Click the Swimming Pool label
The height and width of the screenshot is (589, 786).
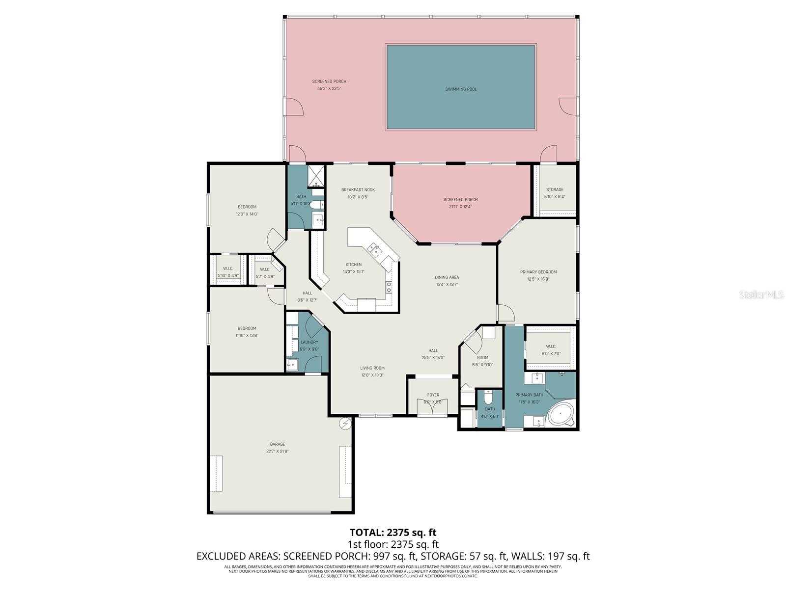[461, 89]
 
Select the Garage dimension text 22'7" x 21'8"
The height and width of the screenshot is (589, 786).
[278, 451]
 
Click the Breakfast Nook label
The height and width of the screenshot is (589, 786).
[358, 190]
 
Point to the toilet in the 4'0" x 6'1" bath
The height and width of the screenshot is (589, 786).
[488, 396]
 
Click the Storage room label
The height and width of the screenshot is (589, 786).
[555, 189]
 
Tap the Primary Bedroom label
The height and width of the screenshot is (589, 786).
[538, 272]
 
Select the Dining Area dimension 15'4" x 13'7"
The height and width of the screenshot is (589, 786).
[447, 284]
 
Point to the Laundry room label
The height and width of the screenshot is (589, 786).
[309, 342]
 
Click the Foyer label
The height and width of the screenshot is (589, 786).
[433, 395]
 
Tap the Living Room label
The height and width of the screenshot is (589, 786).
[372, 368]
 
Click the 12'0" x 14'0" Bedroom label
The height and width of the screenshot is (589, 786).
[247, 207]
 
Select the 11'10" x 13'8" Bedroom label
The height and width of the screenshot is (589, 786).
[247, 328]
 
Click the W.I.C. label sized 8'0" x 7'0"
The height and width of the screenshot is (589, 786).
[550, 347]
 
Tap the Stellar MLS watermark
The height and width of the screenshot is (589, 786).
[761, 295]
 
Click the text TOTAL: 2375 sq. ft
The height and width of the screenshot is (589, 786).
[393, 533]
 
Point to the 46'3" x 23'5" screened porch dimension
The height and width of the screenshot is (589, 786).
[329, 89]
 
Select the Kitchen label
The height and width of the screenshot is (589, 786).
[353, 265]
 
